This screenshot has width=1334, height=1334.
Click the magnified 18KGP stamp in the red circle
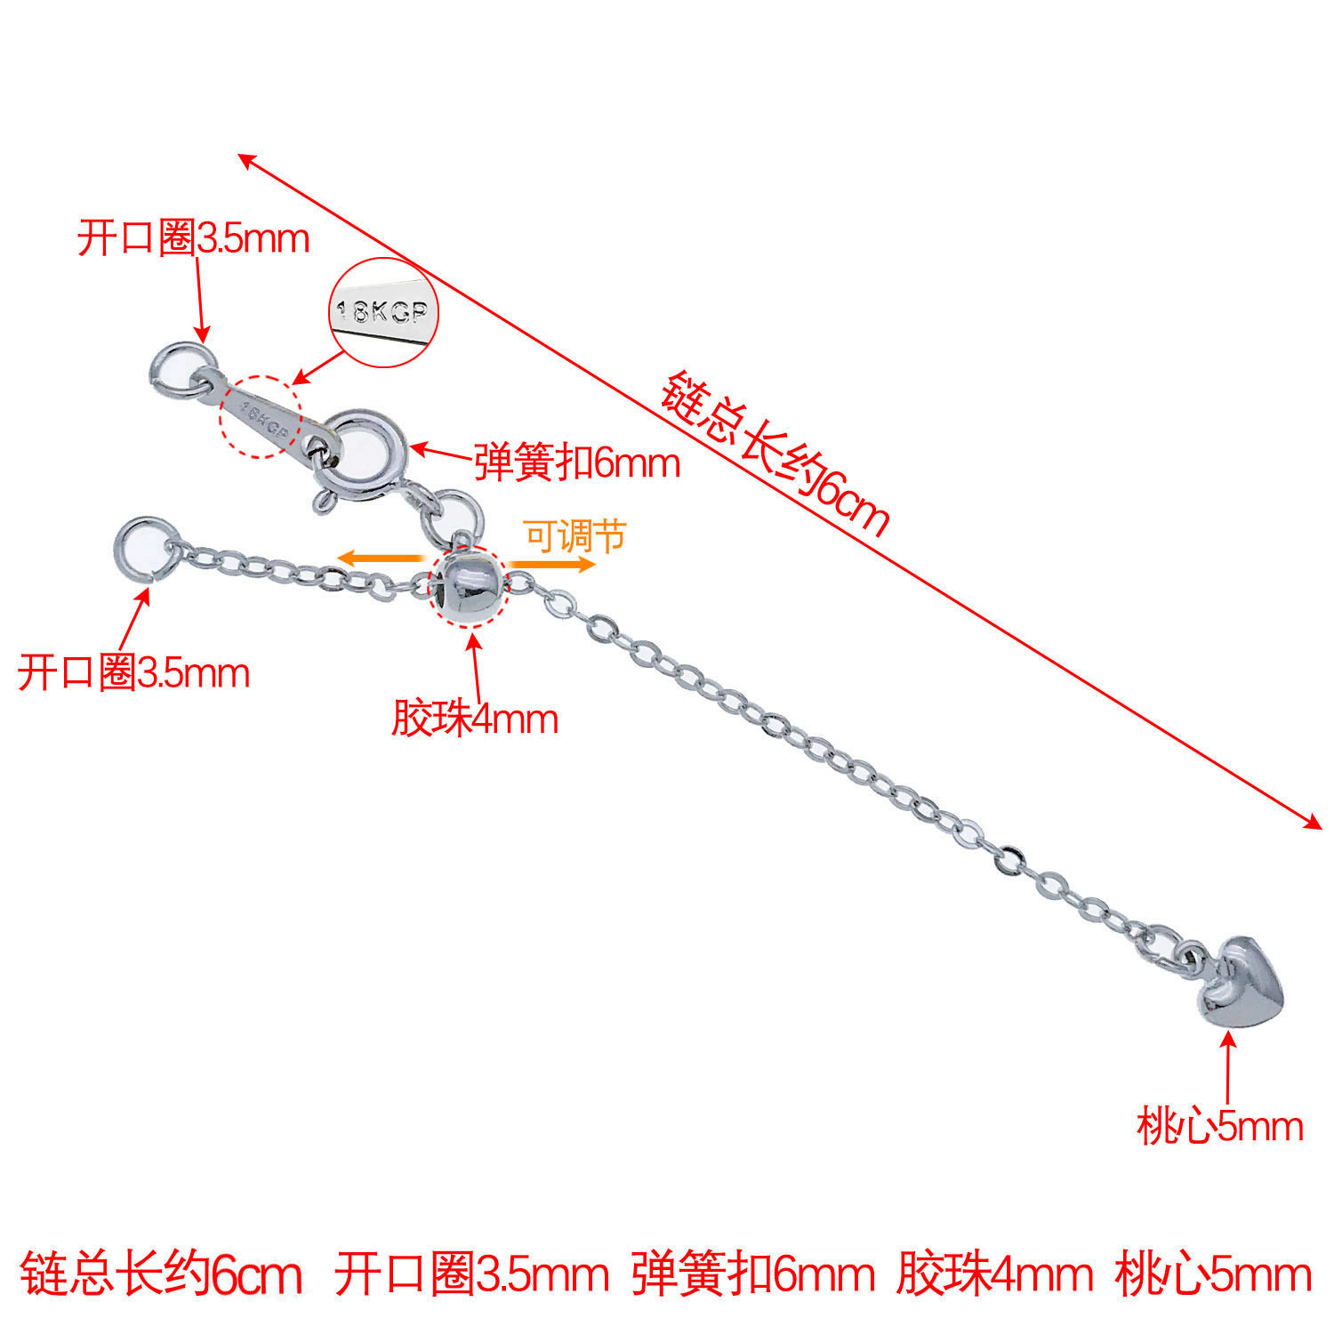point(384,311)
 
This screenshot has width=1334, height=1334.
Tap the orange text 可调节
point(575,536)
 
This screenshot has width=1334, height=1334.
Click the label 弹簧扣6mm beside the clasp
point(577,462)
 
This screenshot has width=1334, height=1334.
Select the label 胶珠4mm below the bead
point(475,719)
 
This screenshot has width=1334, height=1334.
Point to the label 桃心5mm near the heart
point(1219,1127)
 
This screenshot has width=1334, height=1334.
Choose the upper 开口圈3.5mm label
point(193,238)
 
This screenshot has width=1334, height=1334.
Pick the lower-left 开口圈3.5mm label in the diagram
point(133,672)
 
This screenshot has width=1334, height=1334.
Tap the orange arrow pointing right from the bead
point(551,564)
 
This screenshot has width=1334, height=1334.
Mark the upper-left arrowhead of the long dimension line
point(246,159)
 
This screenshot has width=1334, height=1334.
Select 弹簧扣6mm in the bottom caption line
point(753,1274)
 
